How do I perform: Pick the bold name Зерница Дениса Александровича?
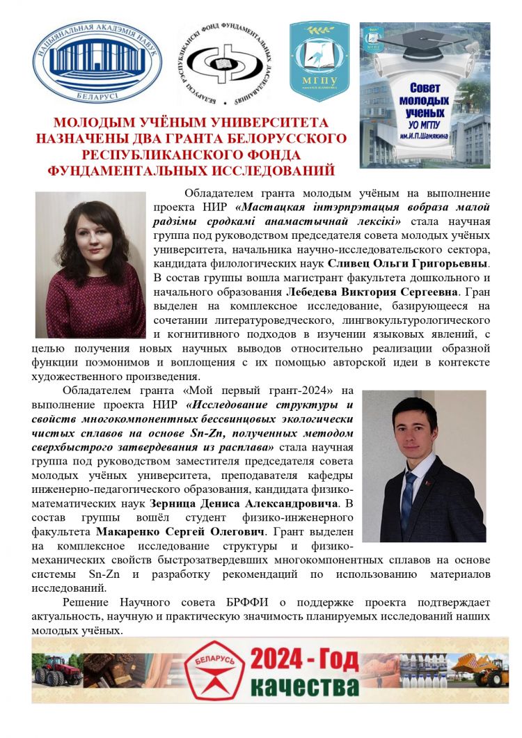coord(244,503)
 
